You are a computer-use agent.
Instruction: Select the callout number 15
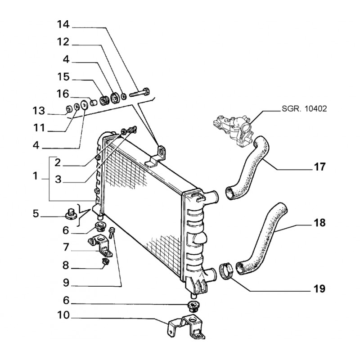(63, 77)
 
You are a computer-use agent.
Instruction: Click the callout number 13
(39, 111)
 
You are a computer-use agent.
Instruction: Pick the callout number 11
(39, 128)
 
